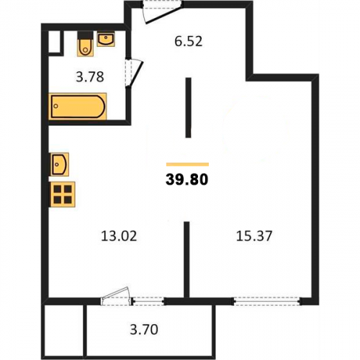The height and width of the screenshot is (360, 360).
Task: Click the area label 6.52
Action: click(x=189, y=41)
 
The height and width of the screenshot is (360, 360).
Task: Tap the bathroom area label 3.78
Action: click(x=90, y=77)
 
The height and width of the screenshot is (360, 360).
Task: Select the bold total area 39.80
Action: click(x=187, y=179)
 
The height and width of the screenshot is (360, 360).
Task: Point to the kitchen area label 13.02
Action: click(x=119, y=235)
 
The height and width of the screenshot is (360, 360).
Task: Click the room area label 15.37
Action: click(x=254, y=235)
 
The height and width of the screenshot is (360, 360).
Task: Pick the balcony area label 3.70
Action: click(x=144, y=329)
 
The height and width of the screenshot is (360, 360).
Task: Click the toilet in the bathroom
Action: click(x=85, y=44)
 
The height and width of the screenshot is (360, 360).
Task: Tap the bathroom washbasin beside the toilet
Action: click(x=106, y=39)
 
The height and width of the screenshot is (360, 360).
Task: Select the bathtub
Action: click(x=78, y=106)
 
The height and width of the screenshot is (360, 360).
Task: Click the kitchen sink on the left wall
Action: click(x=59, y=164)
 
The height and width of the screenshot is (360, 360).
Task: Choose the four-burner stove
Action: click(x=63, y=194)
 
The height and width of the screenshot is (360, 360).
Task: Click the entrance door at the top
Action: click(x=162, y=12)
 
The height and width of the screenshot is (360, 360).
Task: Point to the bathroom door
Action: click(x=134, y=73)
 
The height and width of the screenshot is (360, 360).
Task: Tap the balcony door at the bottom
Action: click(x=117, y=297)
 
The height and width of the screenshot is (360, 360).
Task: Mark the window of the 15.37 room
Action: click(x=267, y=301)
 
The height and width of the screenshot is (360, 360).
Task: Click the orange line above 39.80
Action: click(x=187, y=164)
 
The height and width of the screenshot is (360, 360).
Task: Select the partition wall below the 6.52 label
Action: click(x=189, y=107)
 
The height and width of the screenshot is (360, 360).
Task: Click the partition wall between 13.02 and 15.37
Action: click(x=186, y=260)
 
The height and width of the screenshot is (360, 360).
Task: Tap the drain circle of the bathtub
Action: click(x=56, y=106)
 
